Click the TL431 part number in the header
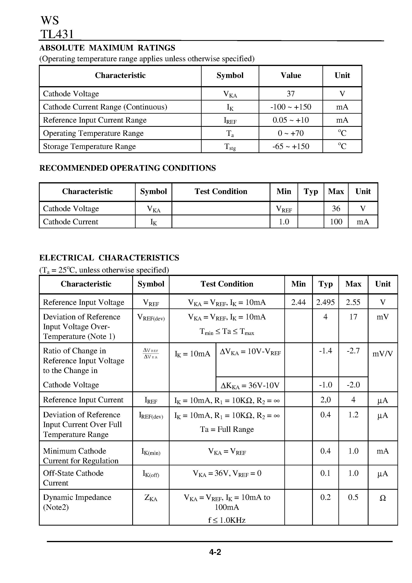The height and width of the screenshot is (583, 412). point(57,34)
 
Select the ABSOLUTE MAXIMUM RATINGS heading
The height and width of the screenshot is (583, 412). point(107,48)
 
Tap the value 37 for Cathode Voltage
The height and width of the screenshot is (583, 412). point(291,94)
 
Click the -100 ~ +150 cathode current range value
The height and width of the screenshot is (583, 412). point(291,107)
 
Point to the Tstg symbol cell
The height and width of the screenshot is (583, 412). point(230,147)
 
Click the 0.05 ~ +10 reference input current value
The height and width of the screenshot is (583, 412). point(291,120)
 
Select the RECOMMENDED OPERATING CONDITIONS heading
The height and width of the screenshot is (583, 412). point(127,168)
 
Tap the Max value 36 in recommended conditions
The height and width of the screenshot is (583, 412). point(336,209)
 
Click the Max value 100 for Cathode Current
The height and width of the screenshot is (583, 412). point(336,222)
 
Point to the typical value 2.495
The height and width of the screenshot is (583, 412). point(325,302)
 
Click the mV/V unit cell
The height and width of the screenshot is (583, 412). point(382,354)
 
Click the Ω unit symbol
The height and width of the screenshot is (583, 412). point(382,498)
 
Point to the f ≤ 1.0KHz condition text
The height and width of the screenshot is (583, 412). point(227,520)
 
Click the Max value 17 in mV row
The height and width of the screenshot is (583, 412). point(353,317)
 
